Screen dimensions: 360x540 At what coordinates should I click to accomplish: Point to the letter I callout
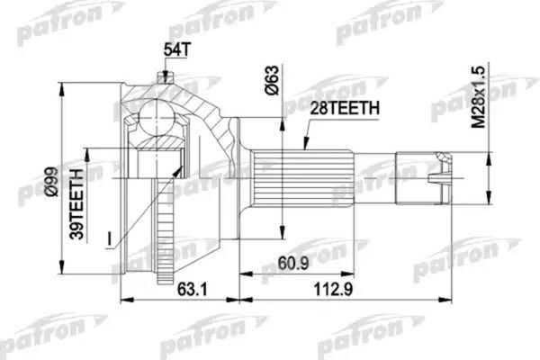click(108, 238)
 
